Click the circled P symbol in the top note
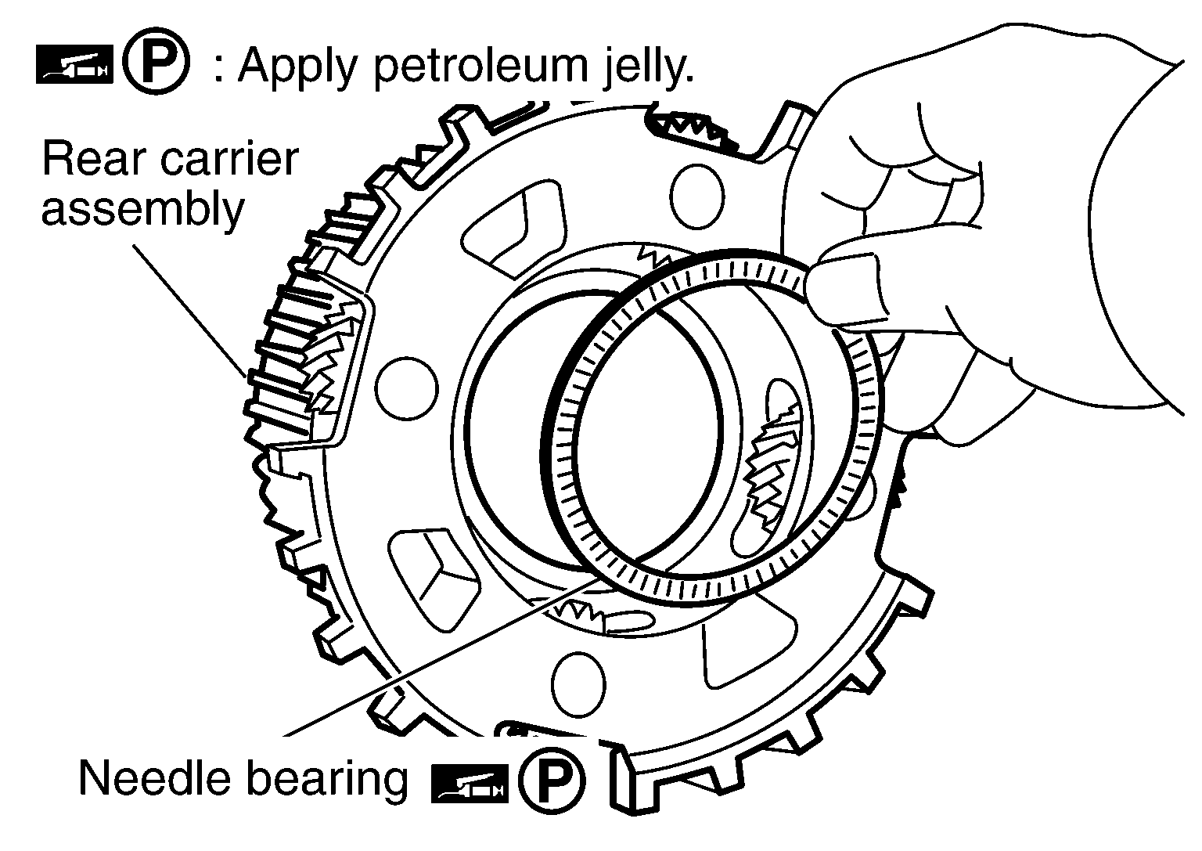pyautogui.click(x=157, y=60)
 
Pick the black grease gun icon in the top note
pyautogui.click(x=74, y=65)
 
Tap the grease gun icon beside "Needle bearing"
pyautogui.click(x=470, y=784)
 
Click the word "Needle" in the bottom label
pyautogui.click(x=157, y=778)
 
